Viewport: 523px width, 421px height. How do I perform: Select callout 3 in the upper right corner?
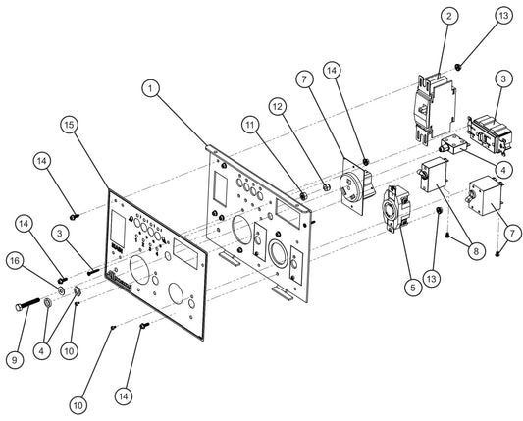pyautogui.click(x=501, y=78)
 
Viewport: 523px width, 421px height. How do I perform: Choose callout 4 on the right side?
pyautogui.click(x=501, y=169)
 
